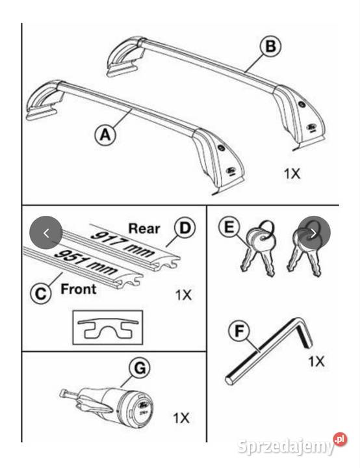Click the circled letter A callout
click(x=106, y=135)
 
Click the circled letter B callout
click(x=270, y=46)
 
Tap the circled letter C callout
click(x=41, y=293)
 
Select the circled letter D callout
click(x=185, y=228)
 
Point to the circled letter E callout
click(x=229, y=227)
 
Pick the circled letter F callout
click(x=238, y=331)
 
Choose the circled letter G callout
click(x=140, y=368)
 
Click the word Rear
click(x=144, y=229)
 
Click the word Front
click(x=79, y=289)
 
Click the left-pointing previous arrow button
click(x=46, y=233)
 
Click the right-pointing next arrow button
click(x=314, y=233)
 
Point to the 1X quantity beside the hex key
click(x=316, y=361)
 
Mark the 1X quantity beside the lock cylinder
click(x=181, y=418)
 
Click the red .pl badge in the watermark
click(x=340, y=439)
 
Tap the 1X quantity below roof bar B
click(x=292, y=174)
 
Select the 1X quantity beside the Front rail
click(x=183, y=295)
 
